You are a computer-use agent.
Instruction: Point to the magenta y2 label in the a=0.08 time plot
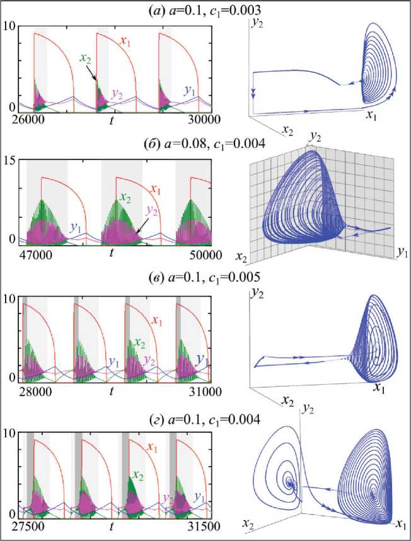pos(153,210)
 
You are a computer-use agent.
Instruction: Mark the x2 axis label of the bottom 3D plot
pos(250,523)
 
